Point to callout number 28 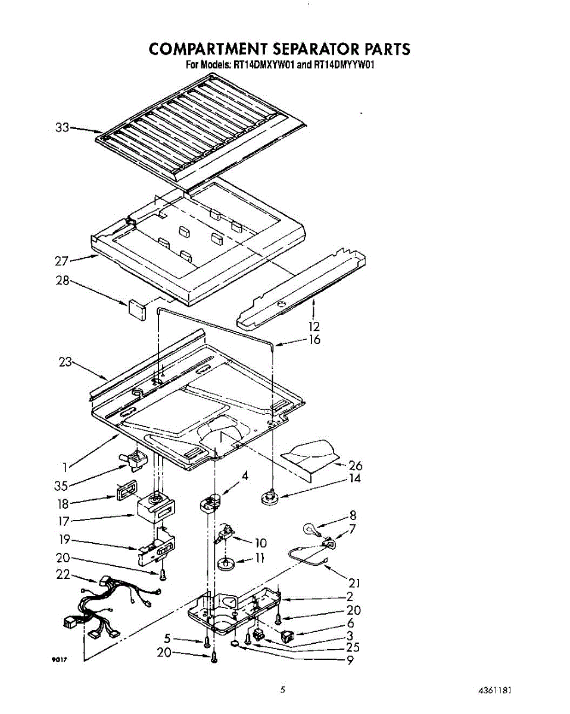(x=63, y=280)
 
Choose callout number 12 (x=314, y=326)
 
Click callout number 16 (x=314, y=340)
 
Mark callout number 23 (x=66, y=361)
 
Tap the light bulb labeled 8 (x=311, y=528)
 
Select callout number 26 (x=355, y=466)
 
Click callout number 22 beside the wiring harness (x=63, y=575)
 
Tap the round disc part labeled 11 (x=227, y=562)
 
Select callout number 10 (x=260, y=543)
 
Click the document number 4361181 (x=494, y=691)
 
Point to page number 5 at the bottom (x=284, y=690)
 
